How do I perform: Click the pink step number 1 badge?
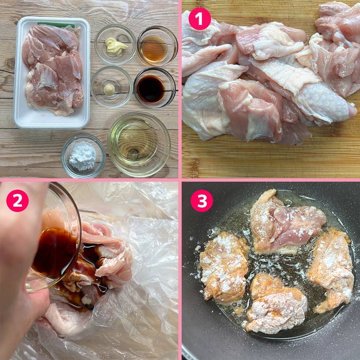pos(200,19)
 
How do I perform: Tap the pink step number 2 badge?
pos(17,201)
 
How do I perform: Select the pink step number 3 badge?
pos(202,201)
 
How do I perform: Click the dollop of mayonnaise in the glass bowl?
pos(116,46)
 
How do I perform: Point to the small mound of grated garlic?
pos(109,89)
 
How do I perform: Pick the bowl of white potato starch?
pos(83,156)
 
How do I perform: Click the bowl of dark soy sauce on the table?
pos(155,88)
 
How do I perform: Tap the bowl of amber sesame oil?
pos(157,46)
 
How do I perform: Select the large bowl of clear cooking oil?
pos(139,144)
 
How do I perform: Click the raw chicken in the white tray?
pos(53,69)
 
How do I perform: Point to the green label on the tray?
pos(56,25)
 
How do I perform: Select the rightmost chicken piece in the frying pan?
pos(331,271)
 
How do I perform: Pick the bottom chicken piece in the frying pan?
pos(276,304)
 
